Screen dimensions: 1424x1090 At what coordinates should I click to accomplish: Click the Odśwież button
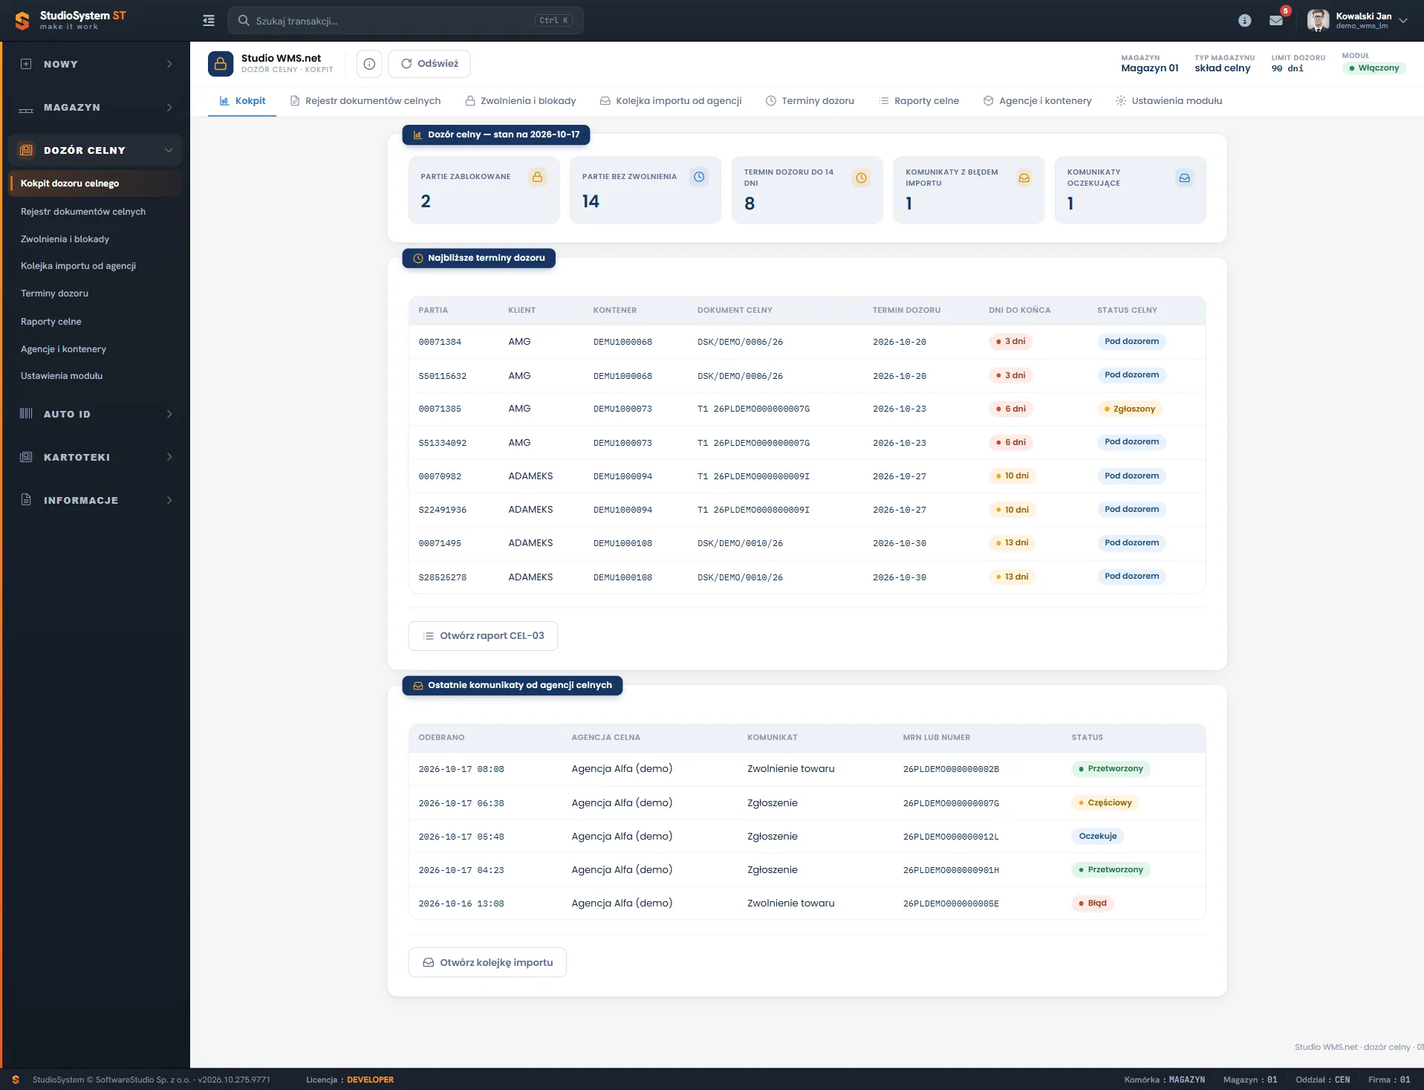[429, 64]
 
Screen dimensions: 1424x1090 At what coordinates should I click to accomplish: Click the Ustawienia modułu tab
[1168, 101]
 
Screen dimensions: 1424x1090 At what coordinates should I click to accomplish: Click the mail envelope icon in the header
[1276, 21]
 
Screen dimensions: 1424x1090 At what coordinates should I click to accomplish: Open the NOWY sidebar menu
[96, 65]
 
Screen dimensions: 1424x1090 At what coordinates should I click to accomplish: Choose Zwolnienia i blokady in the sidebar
[65, 239]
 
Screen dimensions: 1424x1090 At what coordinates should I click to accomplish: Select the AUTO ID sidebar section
[96, 415]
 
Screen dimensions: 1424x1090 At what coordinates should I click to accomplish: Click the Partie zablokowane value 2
[426, 201]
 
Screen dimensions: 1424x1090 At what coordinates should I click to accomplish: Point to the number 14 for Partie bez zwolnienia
[591, 201]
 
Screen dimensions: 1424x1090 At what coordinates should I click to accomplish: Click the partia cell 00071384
[440, 343]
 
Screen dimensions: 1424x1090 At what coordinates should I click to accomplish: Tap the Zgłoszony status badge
[1130, 409]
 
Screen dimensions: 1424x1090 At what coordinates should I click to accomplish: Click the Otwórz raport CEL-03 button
[483, 636]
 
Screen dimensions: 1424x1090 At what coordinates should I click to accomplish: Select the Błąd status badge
[1092, 904]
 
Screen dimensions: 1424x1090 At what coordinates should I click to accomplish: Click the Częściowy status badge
[1105, 803]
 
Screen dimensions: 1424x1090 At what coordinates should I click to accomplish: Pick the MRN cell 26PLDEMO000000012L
[951, 837]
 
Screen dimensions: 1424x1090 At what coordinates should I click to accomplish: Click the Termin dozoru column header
[906, 311]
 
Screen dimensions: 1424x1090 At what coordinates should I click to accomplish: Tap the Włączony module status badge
[1374, 68]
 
